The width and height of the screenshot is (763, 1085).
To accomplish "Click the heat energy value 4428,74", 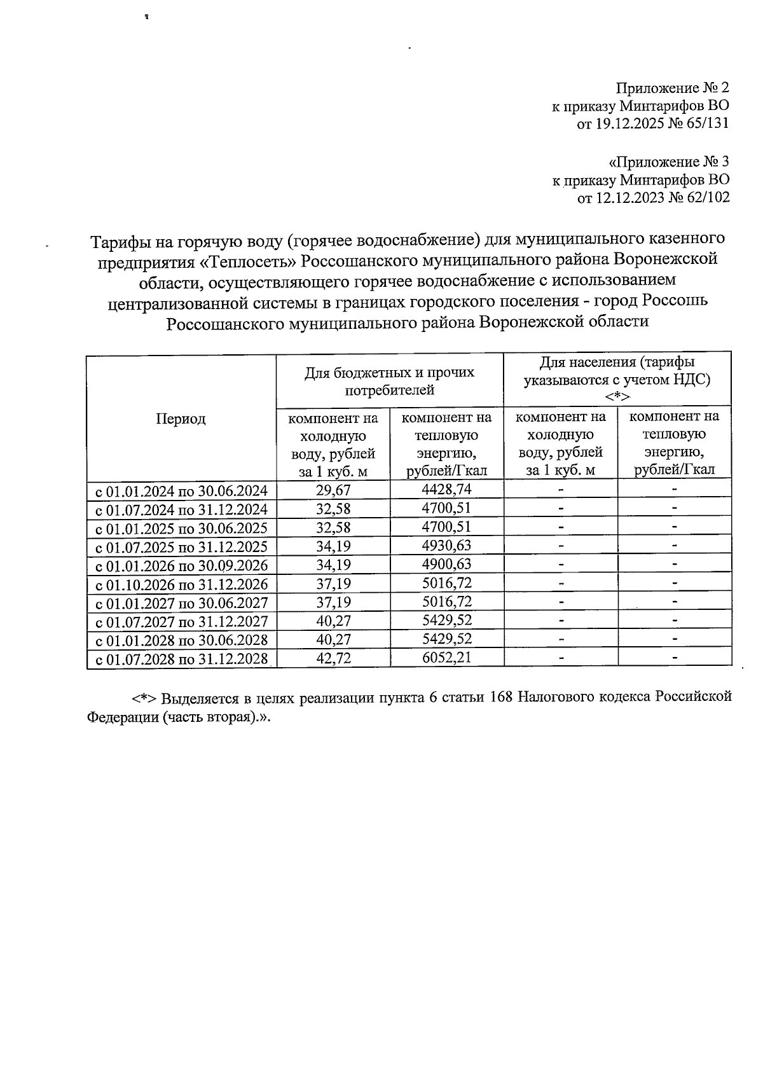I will click(x=446, y=489).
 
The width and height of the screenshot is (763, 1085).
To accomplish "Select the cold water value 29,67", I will click(x=333, y=490).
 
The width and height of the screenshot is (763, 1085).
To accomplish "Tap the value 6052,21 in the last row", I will click(x=446, y=657).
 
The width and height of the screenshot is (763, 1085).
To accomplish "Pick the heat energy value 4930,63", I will click(x=446, y=546).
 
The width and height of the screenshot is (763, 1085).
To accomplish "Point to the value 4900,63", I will click(x=446, y=564).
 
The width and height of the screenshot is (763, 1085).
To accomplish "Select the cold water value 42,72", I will click(x=333, y=658).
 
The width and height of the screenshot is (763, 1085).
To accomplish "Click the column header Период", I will click(x=181, y=418).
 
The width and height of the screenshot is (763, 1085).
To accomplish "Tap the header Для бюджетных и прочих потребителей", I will click(x=389, y=381).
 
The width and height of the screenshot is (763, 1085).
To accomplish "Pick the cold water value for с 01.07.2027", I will click(x=333, y=620).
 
